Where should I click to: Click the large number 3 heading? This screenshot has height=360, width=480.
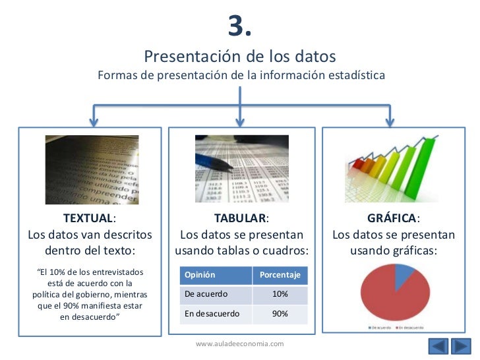(239, 26)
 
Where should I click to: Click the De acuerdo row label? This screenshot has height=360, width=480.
(206, 294)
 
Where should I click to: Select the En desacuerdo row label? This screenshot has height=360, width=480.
(212, 314)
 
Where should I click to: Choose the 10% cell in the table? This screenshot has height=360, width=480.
(280, 294)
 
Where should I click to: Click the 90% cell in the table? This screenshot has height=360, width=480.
(280, 314)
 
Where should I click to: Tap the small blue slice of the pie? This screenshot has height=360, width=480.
(403, 276)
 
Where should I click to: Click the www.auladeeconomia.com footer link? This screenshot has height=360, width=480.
(240, 344)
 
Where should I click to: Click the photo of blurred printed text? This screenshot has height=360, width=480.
(92, 169)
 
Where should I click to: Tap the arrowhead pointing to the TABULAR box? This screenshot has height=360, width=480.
(239, 121)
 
